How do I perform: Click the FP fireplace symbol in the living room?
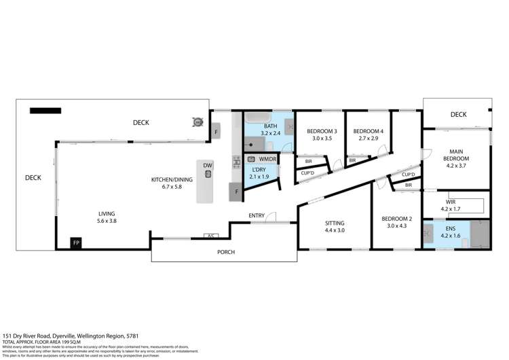[76, 242]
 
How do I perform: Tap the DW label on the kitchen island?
[208, 164]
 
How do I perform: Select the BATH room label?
[271, 126]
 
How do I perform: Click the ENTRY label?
[257, 216]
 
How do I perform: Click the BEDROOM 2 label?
[393, 218]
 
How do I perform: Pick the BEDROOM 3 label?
[322, 131]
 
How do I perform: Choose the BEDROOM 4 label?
[369, 131]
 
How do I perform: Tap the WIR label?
[451, 201]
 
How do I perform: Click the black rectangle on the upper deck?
[45, 110]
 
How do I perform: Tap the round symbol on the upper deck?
[198, 122]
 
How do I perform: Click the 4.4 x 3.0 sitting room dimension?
[335, 230]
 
